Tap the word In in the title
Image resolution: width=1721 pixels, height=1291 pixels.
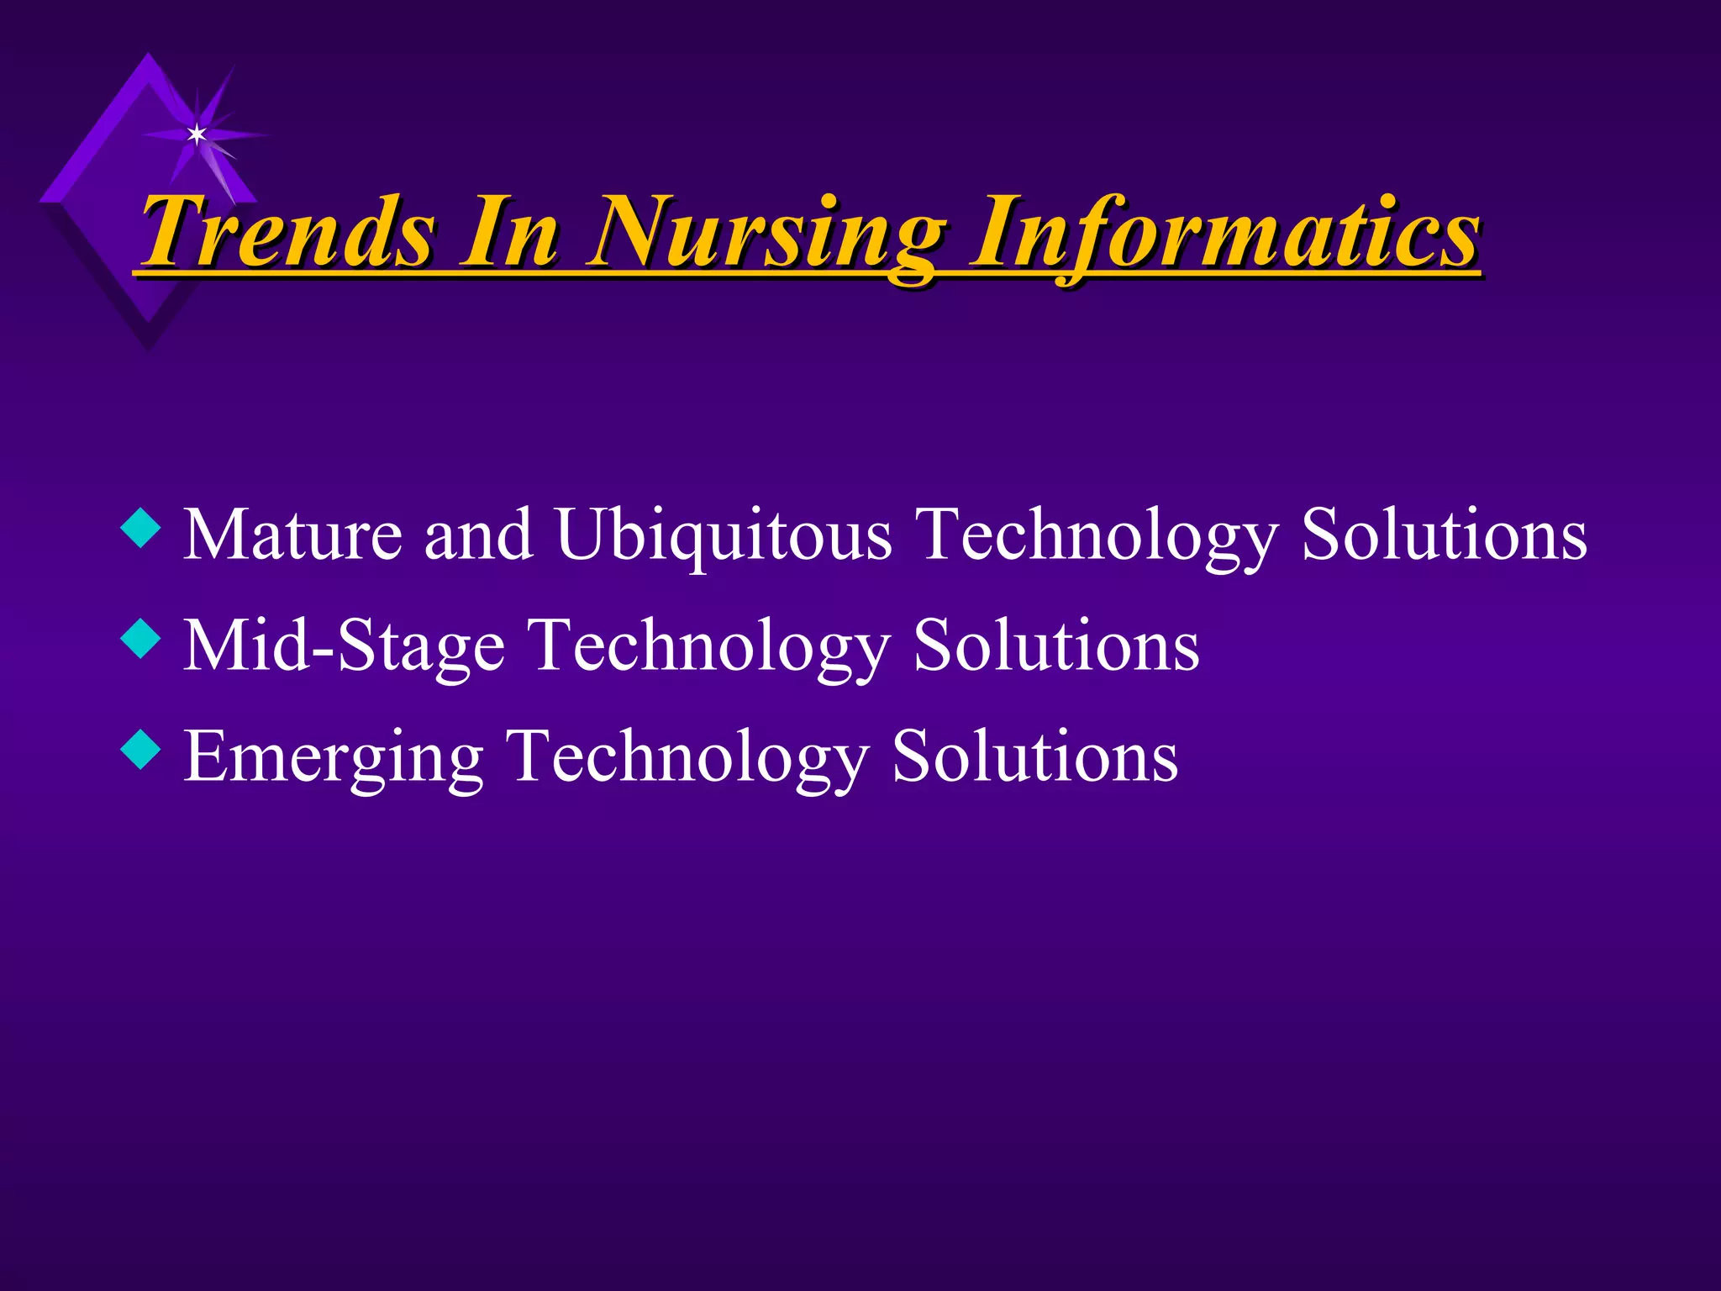(509, 231)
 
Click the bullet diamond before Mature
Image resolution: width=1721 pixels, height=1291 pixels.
(140, 530)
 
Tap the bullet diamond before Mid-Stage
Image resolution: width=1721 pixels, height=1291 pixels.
(140, 640)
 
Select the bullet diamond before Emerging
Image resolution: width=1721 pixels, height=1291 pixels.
(140, 751)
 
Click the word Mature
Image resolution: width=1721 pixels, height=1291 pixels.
(292, 535)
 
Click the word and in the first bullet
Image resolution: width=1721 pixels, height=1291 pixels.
(478, 535)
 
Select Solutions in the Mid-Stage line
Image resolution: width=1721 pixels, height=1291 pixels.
(1056, 645)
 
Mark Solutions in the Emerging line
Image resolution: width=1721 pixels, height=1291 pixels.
(1034, 756)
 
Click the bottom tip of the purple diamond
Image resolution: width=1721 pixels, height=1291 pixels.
(149, 346)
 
